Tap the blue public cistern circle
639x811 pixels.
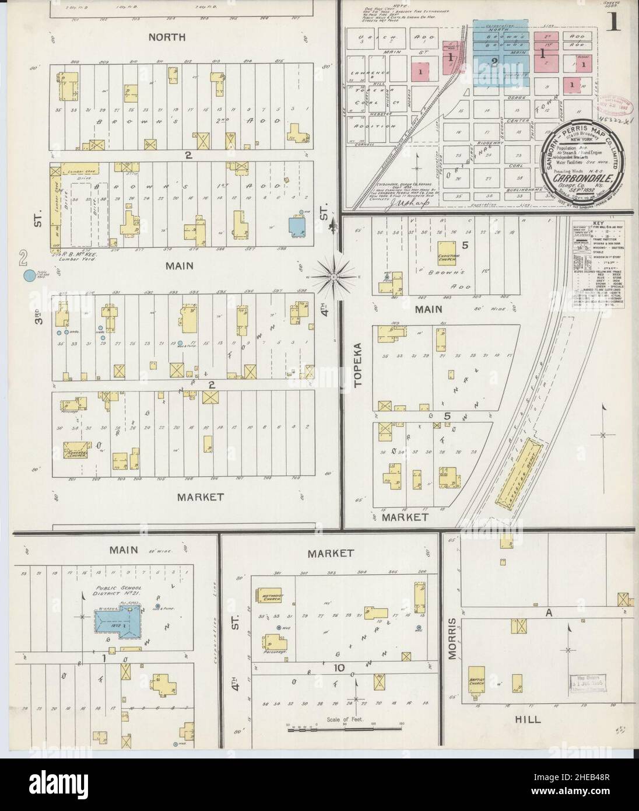coord(27,276)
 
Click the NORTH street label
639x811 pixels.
coord(166,37)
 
